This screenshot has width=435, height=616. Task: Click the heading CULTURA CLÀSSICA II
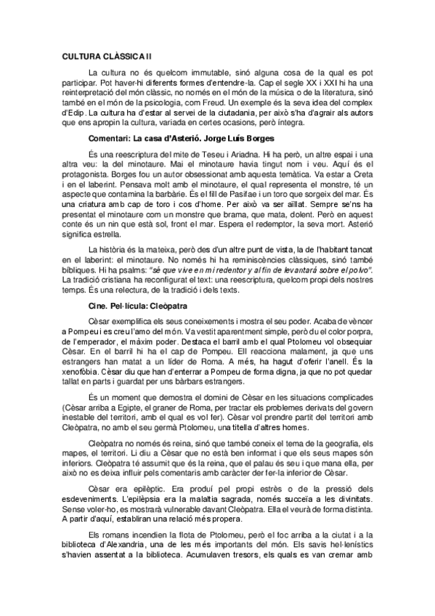pyautogui.click(x=107, y=54)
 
